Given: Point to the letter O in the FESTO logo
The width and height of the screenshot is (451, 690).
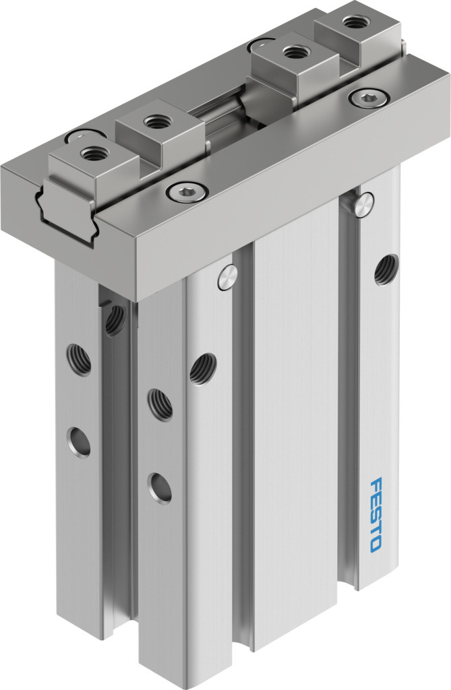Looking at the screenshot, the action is [375, 544].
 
